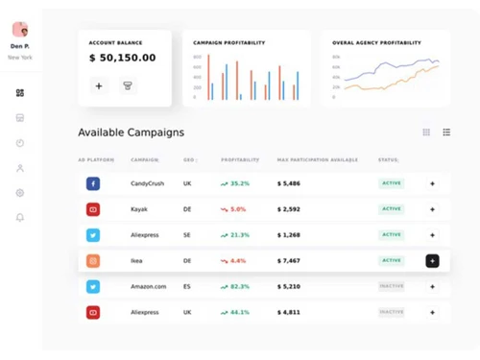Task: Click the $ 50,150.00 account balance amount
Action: click(x=122, y=59)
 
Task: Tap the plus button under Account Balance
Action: click(x=99, y=85)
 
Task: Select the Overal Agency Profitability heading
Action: click(x=376, y=43)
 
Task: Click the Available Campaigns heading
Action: click(x=131, y=132)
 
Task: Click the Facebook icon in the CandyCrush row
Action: click(x=93, y=182)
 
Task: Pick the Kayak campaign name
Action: click(x=139, y=208)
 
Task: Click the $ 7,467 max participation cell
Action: click(x=289, y=260)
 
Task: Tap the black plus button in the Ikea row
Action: click(x=432, y=260)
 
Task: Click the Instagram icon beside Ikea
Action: click(x=93, y=260)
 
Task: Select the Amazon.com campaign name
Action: click(x=148, y=286)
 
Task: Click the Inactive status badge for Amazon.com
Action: click(x=391, y=286)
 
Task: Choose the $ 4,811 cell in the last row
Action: click(x=289, y=312)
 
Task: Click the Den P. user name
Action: click(x=20, y=46)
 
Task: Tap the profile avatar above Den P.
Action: click(x=20, y=29)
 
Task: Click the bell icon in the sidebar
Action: click(x=20, y=217)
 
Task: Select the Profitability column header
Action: click(x=239, y=159)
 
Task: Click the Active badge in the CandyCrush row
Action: click(x=391, y=182)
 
